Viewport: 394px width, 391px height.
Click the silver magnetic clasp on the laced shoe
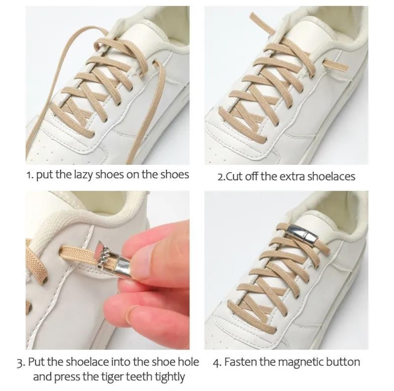click(x=302, y=234)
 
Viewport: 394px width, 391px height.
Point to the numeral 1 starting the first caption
click(x=29, y=175)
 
